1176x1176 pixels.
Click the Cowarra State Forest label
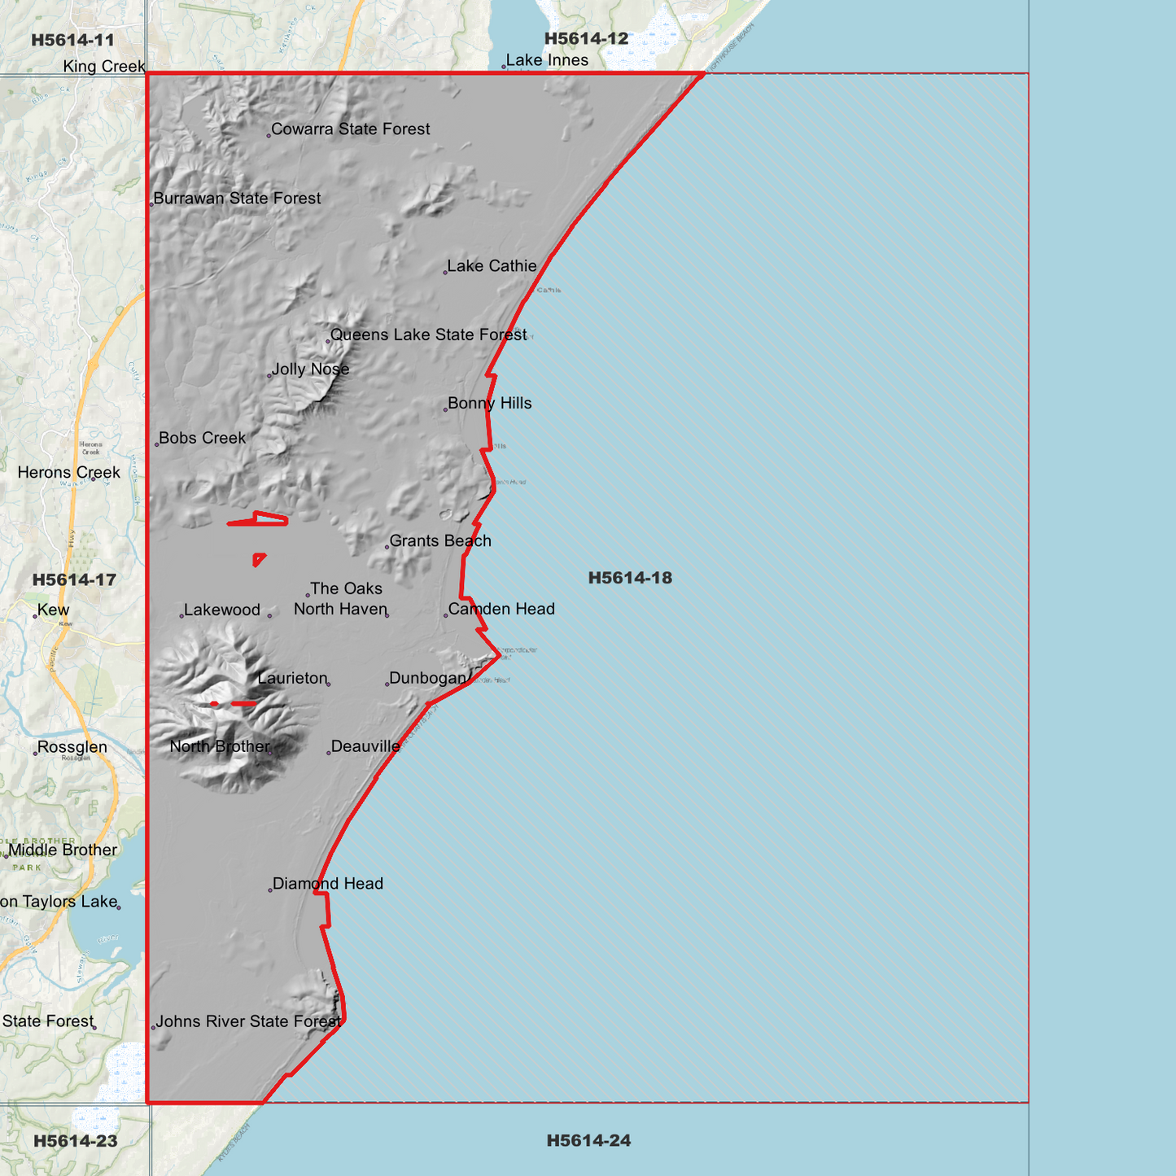pos(350,129)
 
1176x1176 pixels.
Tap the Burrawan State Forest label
pos(237,199)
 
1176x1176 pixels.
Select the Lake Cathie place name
pos(492,266)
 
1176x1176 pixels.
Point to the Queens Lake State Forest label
pos(428,335)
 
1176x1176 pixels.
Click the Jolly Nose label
pos(310,369)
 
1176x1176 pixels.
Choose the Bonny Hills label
pos(489,404)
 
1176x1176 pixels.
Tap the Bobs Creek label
pos(202,439)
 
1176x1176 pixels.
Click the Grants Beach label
pos(440,541)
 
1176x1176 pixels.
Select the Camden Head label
pos(501,610)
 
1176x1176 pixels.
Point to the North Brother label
pos(220,747)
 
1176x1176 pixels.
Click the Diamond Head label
pos(327,884)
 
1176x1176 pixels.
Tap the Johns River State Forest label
pos(248,1022)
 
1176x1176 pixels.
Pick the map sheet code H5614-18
pos(630,579)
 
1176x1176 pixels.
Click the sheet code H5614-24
pos(588,1141)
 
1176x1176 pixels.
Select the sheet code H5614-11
pos(72,41)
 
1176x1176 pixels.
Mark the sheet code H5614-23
pos(76,1141)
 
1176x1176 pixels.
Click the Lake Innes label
pos(547,61)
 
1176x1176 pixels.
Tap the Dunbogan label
pos(427,679)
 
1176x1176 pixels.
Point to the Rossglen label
pos(72,748)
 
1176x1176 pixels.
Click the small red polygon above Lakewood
pos(258,559)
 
